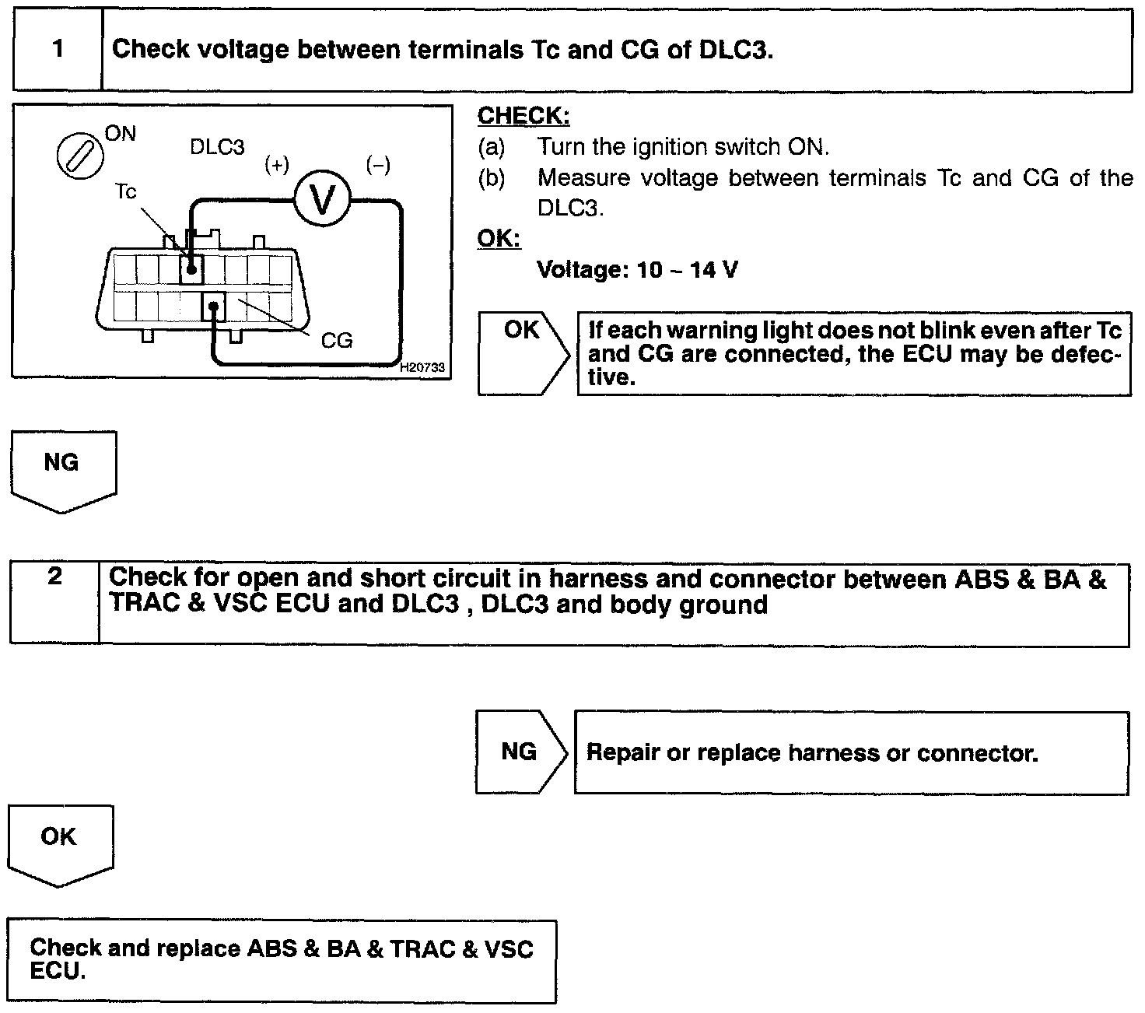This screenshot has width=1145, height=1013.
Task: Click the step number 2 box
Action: (54, 603)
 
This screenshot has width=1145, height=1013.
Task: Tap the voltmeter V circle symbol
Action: (322, 200)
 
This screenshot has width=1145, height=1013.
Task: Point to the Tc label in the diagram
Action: (125, 191)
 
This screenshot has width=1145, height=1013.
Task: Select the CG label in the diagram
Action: (337, 340)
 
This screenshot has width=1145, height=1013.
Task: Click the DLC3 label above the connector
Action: (217, 147)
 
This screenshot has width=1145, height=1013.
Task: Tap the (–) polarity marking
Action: (378, 165)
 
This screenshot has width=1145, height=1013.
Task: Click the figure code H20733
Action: (422, 367)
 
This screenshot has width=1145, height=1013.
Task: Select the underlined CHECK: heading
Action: (523, 116)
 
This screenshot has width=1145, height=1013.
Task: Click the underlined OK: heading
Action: (499, 238)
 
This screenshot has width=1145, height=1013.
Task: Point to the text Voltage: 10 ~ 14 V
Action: (638, 270)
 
